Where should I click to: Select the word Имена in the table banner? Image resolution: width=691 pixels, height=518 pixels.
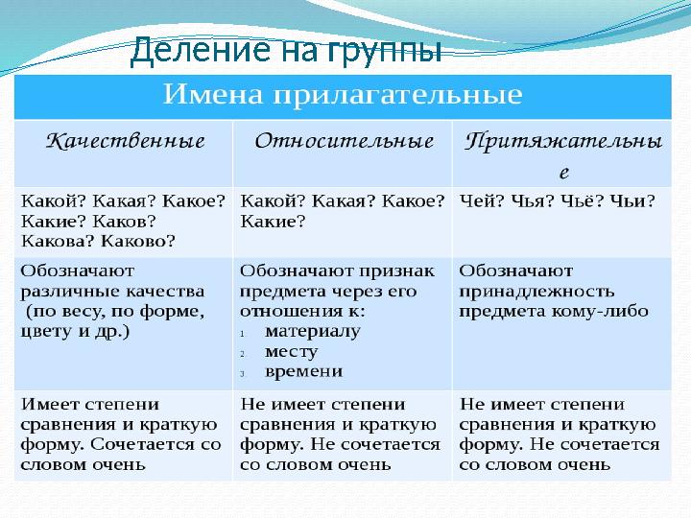tap(217, 95)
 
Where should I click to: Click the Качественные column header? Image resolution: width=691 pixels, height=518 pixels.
tap(126, 141)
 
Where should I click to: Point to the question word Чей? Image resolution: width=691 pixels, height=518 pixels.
tap(480, 200)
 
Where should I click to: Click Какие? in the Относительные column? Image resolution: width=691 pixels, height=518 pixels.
tap(273, 222)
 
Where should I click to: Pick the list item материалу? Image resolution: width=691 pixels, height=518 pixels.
tap(312, 331)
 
